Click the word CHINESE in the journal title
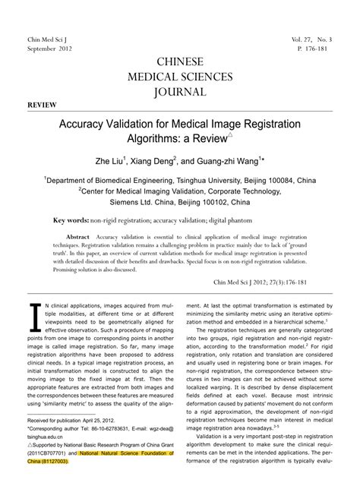pos(179,62)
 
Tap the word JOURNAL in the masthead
pos(179,92)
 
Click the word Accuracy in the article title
pos(82,123)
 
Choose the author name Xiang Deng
pos(155,161)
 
